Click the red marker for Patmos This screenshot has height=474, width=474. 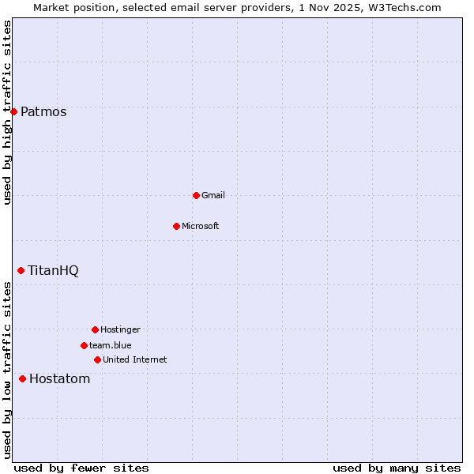13,111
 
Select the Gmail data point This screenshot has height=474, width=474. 196,195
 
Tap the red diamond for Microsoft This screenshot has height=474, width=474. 176,226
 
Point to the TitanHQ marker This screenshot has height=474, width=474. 21,270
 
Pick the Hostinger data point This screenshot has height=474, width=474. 95,329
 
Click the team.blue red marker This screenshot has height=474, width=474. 84,345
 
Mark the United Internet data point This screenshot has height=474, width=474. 97,359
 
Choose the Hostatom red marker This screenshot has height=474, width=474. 22,378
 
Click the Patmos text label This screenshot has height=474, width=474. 43,111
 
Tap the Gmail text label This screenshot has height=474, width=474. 213,195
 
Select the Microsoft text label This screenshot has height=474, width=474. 201,226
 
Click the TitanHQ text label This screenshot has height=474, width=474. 53,270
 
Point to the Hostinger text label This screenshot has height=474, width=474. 120,329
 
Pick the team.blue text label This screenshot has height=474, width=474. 111,345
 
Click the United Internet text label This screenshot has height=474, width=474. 135,359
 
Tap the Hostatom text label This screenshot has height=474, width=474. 59,378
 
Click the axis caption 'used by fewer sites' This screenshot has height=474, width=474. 81,468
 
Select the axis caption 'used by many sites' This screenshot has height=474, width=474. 397,468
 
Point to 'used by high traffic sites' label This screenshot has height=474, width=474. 7,112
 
